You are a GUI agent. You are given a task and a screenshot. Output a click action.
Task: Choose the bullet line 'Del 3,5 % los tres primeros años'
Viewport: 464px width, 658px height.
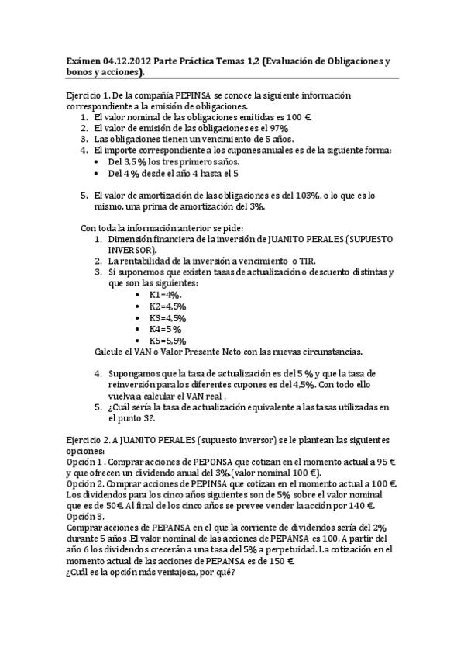tap(174, 161)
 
